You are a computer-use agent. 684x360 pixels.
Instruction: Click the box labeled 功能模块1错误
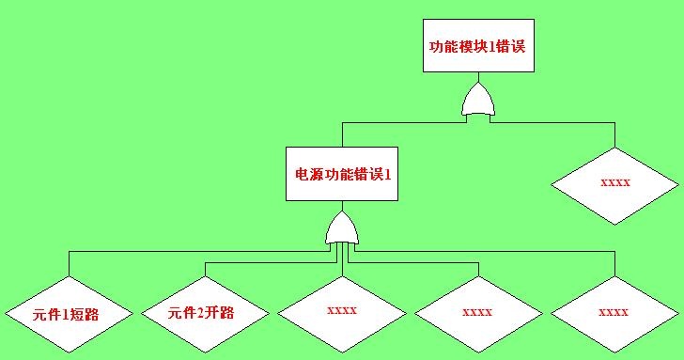[x=478, y=45]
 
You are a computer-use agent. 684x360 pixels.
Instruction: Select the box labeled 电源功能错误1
[x=342, y=174]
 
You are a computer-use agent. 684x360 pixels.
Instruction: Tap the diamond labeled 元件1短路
[x=69, y=314]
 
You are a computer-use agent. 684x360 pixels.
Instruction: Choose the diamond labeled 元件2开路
[x=206, y=314]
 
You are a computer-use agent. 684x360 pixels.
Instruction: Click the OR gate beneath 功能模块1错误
[x=478, y=100]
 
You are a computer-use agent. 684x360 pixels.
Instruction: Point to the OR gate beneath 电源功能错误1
[x=342, y=228]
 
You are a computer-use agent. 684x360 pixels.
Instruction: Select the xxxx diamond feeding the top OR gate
[x=615, y=186]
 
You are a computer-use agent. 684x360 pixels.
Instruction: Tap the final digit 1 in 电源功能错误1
[x=388, y=175]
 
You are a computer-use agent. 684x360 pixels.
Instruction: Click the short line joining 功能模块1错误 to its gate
[x=478, y=77]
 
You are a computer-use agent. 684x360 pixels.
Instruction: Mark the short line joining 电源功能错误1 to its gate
[x=342, y=206]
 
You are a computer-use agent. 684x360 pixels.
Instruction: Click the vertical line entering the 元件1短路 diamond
[x=69, y=263]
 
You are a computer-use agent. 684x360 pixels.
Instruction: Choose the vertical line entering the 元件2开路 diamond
[x=206, y=269]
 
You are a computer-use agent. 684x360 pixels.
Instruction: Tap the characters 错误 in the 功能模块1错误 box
[x=510, y=47]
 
